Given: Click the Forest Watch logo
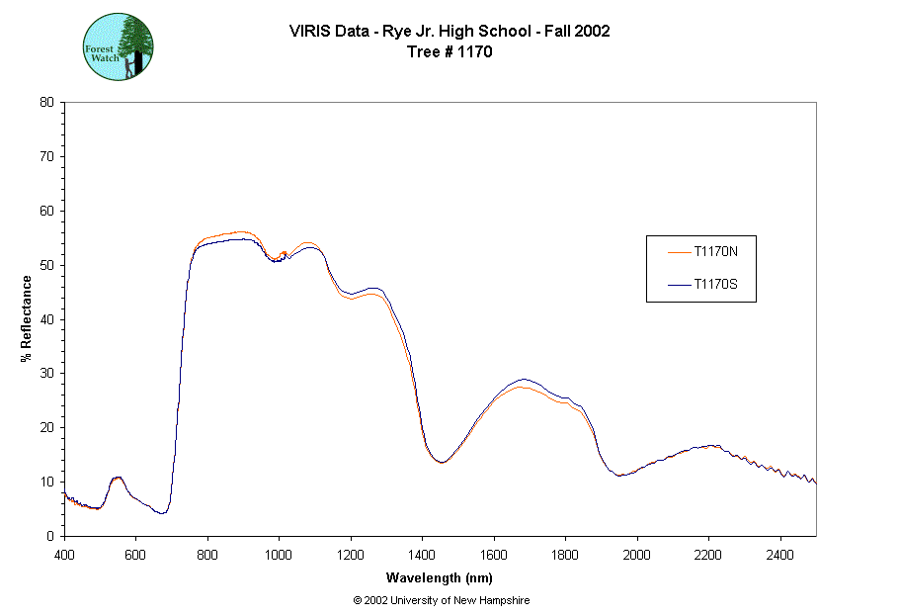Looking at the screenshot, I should (x=118, y=46).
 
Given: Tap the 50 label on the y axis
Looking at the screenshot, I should (x=46, y=265).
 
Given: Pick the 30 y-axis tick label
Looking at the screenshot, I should (x=46, y=374).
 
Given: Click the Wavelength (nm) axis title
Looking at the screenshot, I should (x=440, y=578).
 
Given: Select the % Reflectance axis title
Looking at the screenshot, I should (x=27, y=318).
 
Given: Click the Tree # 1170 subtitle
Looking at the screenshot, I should (x=450, y=51).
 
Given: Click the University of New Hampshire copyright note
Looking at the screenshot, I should (x=442, y=600).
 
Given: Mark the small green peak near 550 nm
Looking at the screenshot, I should (x=118, y=478).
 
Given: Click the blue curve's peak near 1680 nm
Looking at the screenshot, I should (x=524, y=379).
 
